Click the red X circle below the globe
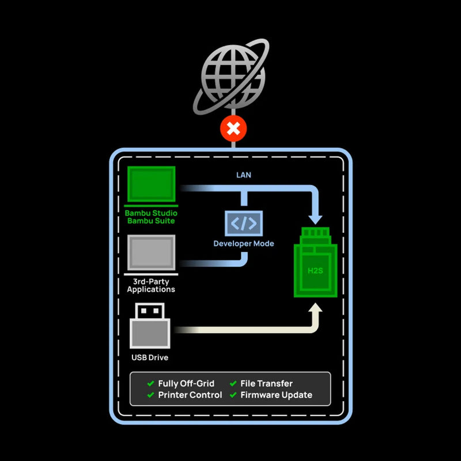pos(233,129)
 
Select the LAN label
pos(244,175)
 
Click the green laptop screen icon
pos(151,185)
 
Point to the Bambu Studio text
pos(151,213)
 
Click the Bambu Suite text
pos(151,221)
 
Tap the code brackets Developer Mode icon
pos(244,223)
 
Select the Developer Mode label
pos(244,244)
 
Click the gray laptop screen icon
pos(151,252)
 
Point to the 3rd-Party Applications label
pos(151,285)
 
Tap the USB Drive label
pos(150,358)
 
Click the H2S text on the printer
pos(315,269)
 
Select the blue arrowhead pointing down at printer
pos(315,218)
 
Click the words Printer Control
pos(190,395)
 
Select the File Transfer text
pos(267,383)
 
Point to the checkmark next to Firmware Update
pos(233,395)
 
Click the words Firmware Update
pos(277,395)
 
